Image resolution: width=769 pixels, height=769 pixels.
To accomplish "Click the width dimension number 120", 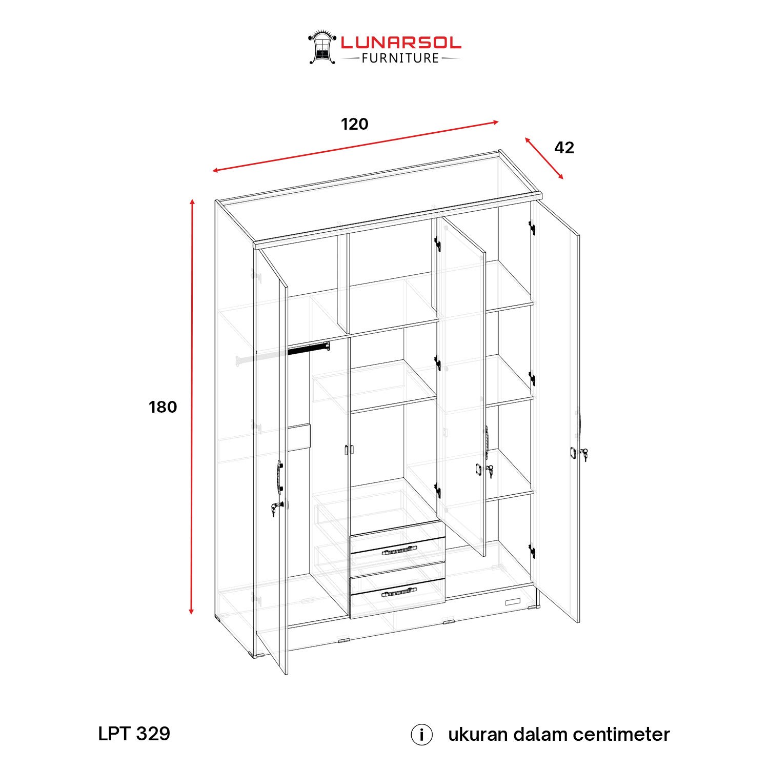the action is click(x=355, y=124).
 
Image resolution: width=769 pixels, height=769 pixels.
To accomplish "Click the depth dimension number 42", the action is click(x=564, y=148).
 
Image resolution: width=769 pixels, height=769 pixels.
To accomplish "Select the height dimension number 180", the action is click(x=163, y=407).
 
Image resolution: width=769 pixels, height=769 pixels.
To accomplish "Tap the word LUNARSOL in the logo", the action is click(x=401, y=43).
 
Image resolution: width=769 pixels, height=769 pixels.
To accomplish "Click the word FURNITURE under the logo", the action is click(x=400, y=58).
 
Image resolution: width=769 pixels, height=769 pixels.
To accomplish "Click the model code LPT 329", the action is click(x=134, y=734).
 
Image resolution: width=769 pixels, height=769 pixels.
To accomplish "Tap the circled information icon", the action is click(x=421, y=735).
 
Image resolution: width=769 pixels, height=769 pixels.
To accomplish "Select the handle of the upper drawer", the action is click(x=399, y=550).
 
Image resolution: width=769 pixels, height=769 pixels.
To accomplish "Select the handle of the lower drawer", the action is click(x=399, y=592).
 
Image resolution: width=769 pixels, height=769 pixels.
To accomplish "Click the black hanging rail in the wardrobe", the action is click(x=308, y=349).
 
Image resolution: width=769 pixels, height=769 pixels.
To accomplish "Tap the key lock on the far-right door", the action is click(x=583, y=454).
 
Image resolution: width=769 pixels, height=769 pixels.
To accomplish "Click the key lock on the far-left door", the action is click(x=276, y=509).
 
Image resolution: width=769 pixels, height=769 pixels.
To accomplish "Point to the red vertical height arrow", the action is click(x=192, y=407).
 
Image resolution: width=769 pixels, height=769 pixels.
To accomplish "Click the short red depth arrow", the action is click(x=544, y=158).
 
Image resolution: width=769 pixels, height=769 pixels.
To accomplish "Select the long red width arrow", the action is click(x=355, y=146).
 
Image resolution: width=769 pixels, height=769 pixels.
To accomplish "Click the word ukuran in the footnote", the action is click(x=478, y=735).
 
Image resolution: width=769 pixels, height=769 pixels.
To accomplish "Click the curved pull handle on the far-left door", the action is click(x=278, y=476).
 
